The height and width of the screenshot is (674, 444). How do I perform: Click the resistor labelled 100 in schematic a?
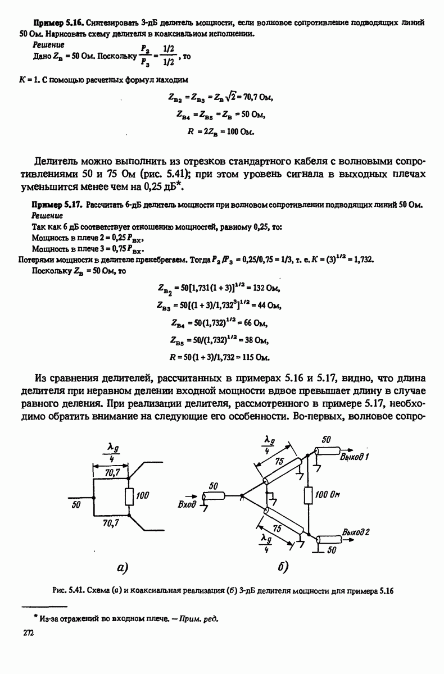129,496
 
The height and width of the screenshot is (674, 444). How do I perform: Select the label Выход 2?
356,531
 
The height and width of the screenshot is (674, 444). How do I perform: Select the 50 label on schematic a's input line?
77,504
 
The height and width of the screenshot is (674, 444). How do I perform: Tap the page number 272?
28,633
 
